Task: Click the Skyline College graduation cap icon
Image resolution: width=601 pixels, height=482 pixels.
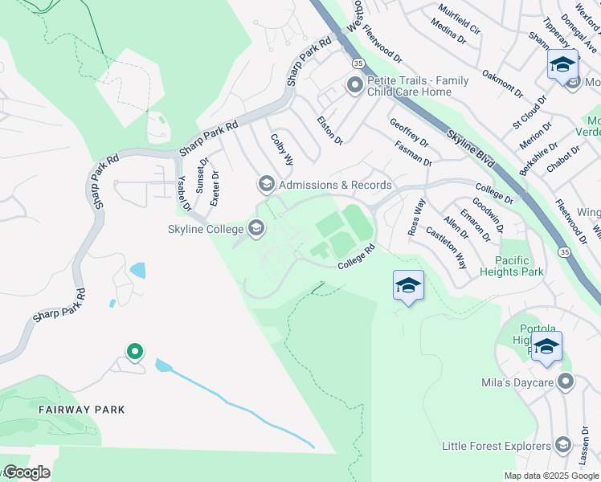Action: (x=256, y=230)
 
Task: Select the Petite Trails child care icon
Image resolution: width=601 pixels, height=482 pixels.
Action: (x=354, y=84)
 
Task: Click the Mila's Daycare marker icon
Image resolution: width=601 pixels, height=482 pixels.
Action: (x=566, y=382)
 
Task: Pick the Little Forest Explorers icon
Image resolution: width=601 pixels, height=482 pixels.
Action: (x=563, y=445)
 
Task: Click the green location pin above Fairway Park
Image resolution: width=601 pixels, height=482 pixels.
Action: (x=135, y=352)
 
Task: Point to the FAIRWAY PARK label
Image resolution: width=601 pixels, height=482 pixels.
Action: (x=81, y=410)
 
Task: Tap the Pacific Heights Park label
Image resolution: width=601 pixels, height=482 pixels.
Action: (x=519, y=266)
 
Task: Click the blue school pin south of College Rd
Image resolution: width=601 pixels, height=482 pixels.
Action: (x=408, y=286)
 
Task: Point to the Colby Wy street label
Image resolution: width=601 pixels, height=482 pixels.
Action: (x=281, y=149)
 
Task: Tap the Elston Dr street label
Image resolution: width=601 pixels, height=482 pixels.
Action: (x=329, y=130)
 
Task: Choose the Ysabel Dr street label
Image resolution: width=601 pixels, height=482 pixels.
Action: (x=183, y=194)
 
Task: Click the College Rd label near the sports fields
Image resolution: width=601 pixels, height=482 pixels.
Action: (x=357, y=258)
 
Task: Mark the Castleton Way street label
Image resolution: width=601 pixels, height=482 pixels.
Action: (x=446, y=247)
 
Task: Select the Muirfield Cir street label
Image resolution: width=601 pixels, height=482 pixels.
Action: (x=459, y=18)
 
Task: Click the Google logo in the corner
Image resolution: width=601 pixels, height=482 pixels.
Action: (x=27, y=472)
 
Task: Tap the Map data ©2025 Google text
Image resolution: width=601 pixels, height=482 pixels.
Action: (x=551, y=476)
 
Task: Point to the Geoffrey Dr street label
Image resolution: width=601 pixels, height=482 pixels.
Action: (x=409, y=133)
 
